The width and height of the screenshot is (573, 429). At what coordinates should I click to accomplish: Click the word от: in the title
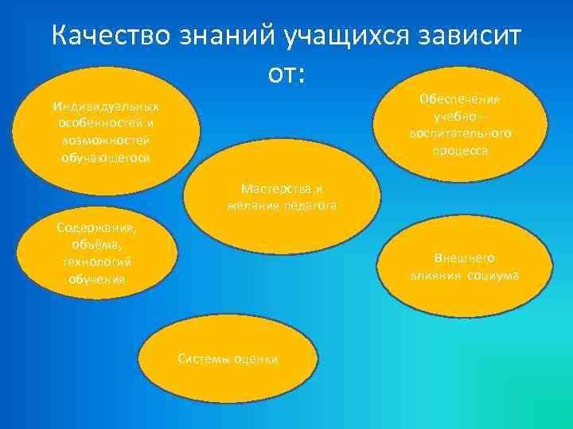pos(286,75)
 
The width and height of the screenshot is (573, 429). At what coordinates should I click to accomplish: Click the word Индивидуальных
pos(106,106)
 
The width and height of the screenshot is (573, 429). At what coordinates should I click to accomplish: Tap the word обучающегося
pos(106,157)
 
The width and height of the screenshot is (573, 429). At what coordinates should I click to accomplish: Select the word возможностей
pos(106,140)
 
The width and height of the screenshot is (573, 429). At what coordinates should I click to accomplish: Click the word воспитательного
pos(460,133)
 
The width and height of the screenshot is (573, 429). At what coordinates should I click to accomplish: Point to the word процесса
pos(460,149)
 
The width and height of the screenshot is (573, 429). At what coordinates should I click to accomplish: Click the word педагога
pos(310,205)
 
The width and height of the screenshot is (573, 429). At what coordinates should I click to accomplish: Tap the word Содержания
pos(96,227)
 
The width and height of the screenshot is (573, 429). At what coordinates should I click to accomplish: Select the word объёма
pos(96,245)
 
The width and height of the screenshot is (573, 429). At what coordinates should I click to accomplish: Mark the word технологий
pos(96,261)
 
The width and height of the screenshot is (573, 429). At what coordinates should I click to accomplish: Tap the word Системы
pos(201,359)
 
